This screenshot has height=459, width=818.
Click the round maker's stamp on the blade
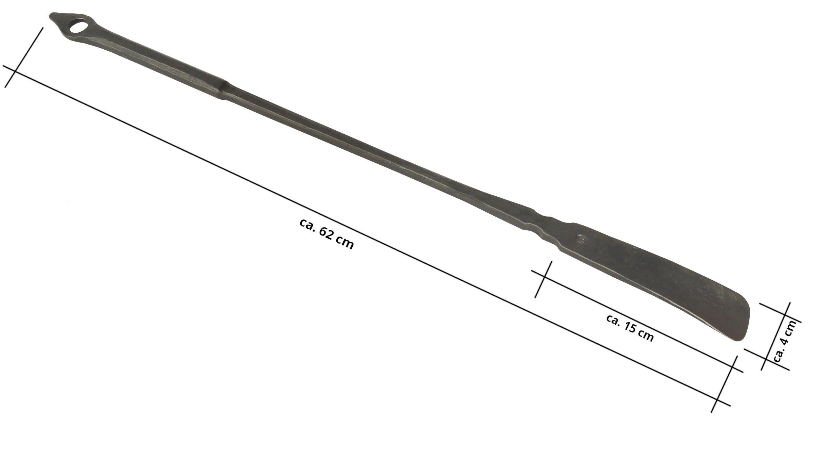coord(581,239)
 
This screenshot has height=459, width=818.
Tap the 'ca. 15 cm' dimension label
coord(630,328)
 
